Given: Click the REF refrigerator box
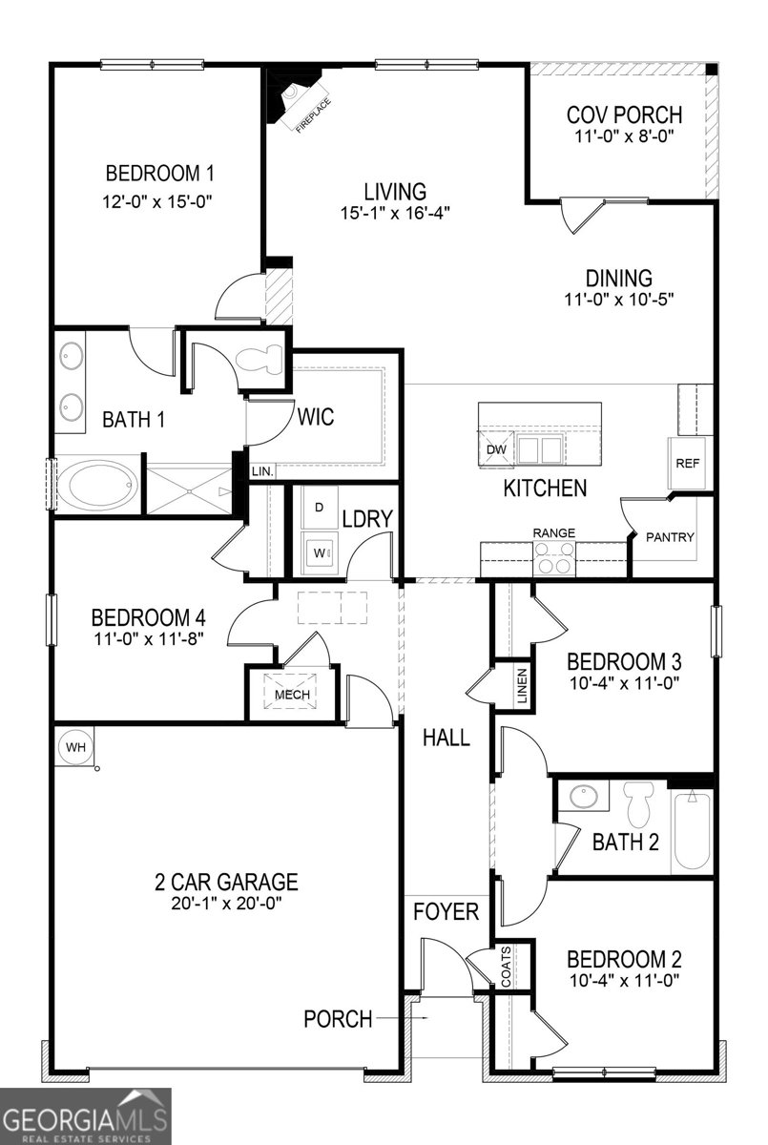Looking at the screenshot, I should pos(688,463).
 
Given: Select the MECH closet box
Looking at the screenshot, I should pos(293,694).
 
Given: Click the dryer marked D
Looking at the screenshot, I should pos(319,507).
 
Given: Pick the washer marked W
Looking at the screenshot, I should pos(319,552).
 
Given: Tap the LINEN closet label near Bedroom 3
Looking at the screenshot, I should pos(521,686).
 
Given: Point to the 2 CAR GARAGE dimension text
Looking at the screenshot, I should pos(227,902).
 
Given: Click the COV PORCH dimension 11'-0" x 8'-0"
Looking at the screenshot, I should pos(625,136).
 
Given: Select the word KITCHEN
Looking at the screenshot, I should pos(545,489).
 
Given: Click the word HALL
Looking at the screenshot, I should pos(446,738).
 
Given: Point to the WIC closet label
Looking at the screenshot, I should pos(315,417).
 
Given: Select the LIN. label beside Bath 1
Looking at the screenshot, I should pos(262,471).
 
